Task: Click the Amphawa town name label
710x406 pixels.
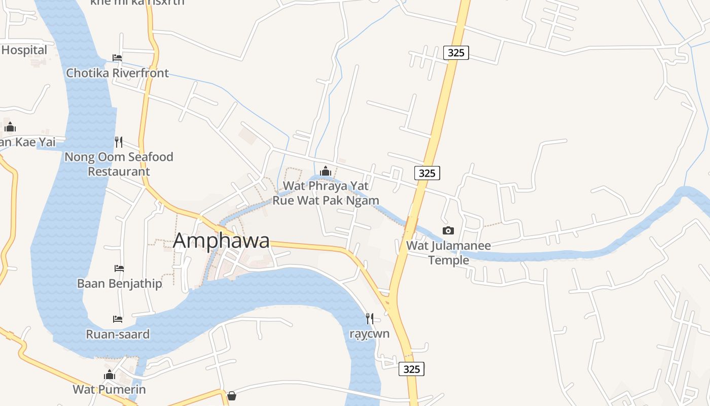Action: (x=221, y=241)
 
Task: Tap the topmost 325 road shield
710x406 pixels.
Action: (x=456, y=52)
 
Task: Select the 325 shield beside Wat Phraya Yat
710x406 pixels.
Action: (x=427, y=173)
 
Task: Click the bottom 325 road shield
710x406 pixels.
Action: (x=411, y=369)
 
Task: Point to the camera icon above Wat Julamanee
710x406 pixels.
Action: (x=448, y=231)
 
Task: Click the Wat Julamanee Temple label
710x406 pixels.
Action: (x=448, y=253)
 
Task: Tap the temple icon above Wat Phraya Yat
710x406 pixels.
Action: (x=326, y=172)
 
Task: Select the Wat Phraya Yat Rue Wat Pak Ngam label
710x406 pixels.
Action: (x=326, y=193)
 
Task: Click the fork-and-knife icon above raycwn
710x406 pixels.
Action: (x=370, y=319)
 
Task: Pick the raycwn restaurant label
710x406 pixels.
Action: (x=370, y=334)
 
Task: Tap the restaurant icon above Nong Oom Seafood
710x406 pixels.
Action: (x=119, y=142)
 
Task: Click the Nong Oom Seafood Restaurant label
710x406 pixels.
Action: (x=119, y=164)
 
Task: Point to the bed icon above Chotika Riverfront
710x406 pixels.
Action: (x=117, y=58)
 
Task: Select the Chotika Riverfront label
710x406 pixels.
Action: (x=117, y=73)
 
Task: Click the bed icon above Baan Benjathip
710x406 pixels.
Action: (x=119, y=268)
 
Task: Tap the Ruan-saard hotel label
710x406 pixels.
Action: (x=118, y=334)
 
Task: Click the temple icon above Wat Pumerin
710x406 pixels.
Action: (x=109, y=375)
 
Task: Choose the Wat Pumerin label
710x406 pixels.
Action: (x=109, y=390)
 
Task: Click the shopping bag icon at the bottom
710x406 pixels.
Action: (x=231, y=395)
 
